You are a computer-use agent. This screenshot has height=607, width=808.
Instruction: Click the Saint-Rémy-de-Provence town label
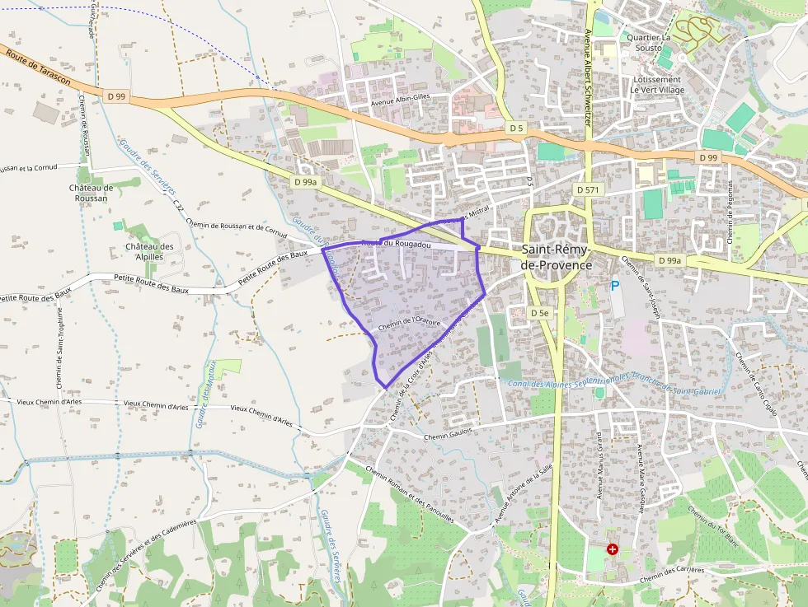[557, 256]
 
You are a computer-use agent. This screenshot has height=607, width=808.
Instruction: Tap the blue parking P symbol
[614, 286]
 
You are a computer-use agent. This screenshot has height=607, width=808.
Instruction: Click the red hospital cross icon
[613, 549]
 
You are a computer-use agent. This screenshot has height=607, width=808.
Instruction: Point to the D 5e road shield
[539, 313]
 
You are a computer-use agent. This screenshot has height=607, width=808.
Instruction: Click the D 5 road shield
[516, 128]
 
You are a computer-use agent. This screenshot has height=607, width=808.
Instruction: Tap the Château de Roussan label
[92, 193]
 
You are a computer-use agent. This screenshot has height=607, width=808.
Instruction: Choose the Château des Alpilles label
[149, 251]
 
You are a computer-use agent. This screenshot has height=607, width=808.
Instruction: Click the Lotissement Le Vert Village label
[657, 84]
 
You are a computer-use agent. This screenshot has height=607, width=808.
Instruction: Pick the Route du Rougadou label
[397, 245]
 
